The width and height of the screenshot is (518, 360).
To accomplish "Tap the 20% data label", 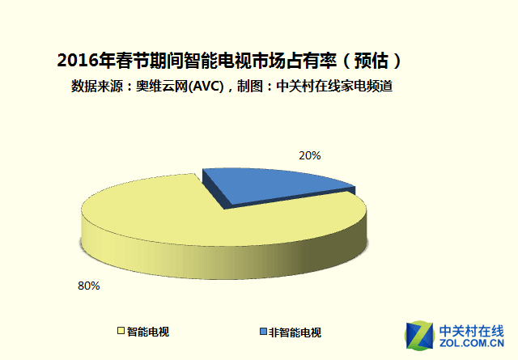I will point(311,155).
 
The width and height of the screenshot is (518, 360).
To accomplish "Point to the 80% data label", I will point(88,286).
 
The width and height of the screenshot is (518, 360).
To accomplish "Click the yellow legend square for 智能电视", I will point(121,332).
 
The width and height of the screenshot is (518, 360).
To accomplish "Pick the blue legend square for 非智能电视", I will point(263,332).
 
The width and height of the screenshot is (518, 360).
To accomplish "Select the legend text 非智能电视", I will point(295,332).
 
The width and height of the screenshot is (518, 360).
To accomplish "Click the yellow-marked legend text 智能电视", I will point(148,332).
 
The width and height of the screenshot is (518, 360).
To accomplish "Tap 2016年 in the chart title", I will point(84,60).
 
